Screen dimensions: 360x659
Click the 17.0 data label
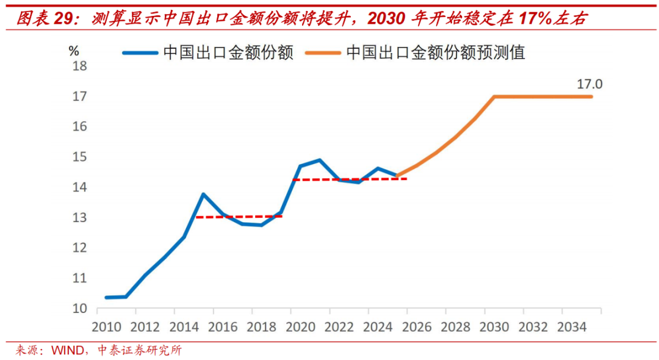590,84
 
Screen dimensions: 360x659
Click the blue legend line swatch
140,53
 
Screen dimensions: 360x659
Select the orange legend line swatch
323,53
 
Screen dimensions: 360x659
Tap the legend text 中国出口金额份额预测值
435,53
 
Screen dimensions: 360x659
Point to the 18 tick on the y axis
80,66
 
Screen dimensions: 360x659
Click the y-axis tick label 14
80,187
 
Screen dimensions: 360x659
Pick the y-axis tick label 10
80,309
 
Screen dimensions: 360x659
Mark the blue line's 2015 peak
203,194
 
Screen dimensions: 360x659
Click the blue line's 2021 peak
320,160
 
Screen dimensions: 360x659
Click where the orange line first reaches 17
494,96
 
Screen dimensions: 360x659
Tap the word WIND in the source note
65,351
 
